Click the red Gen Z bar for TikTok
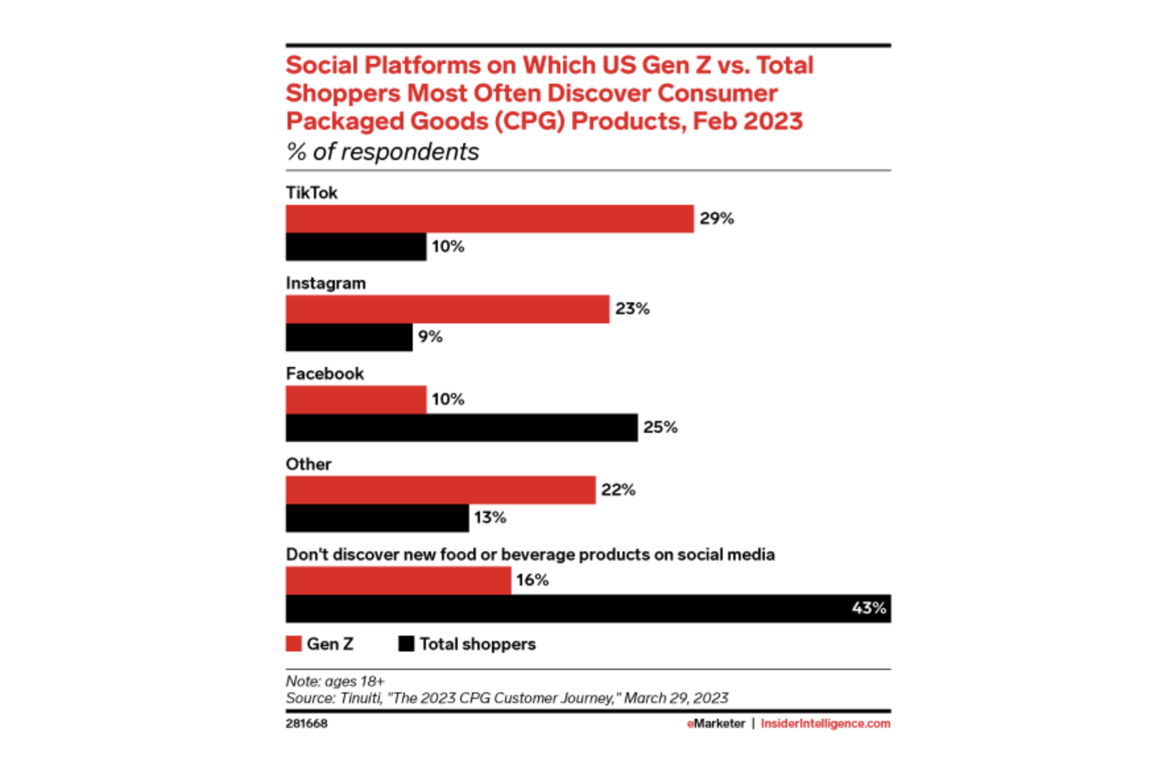pos(490,219)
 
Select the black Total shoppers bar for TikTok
pos(356,247)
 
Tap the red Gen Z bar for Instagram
pos(448,309)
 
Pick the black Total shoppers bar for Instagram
pos(349,337)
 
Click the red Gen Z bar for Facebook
pos(356,400)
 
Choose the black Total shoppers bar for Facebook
pos(462,428)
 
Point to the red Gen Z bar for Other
pos(441,490)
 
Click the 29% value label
pos(717,219)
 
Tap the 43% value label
pos(868,608)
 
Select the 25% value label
pos(661,428)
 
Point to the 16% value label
pos(533,580)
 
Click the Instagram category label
pos(326,283)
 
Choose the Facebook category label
pos(325,374)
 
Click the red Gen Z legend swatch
pos(293,644)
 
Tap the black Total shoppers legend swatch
pos(406,644)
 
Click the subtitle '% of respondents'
pos(382,152)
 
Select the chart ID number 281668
pos(307,723)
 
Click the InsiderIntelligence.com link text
pos(826,723)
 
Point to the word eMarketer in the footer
pos(716,723)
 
